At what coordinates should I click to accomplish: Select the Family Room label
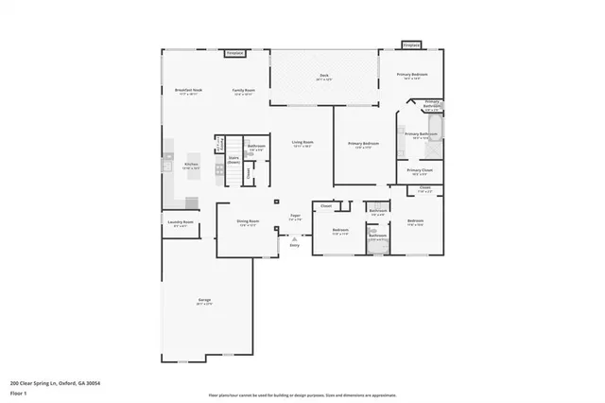[x=244, y=91]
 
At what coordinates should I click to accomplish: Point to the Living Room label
[x=302, y=143]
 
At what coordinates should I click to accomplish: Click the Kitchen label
[x=190, y=164]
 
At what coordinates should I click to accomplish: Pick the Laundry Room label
[x=181, y=223]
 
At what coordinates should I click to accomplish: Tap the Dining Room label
[x=248, y=222]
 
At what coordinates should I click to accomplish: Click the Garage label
[x=204, y=302]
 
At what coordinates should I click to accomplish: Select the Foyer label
[x=296, y=216]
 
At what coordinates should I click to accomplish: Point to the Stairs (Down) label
[x=233, y=160]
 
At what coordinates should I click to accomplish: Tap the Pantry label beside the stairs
[x=220, y=143]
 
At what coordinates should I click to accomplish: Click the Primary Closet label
[x=420, y=170]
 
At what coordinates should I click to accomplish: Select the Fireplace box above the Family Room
[x=234, y=54]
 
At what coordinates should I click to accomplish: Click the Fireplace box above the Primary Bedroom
[x=411, y=44]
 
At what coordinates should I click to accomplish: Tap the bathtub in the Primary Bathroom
[x=436, y=129]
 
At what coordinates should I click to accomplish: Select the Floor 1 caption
[x=19, y=393]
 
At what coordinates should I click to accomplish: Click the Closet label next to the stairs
[x=249, y=171]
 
